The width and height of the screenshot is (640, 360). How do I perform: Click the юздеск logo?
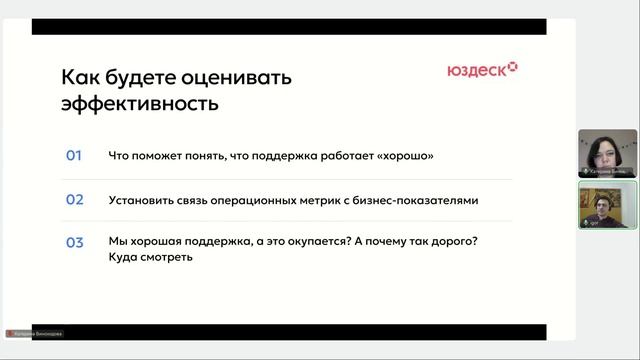point(482,70)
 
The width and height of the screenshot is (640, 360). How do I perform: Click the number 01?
point(74,156)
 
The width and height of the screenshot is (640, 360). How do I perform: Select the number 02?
point(74,199)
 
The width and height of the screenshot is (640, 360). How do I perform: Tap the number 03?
point(74,242)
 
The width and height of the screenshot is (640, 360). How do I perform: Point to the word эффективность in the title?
point(140,102)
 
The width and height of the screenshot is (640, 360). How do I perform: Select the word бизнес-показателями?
point(414,199)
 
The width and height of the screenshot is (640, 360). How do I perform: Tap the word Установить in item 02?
point(141,199)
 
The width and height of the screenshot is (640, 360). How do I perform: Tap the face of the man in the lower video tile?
point(604,201)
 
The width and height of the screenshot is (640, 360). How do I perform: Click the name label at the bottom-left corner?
point(35,333)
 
